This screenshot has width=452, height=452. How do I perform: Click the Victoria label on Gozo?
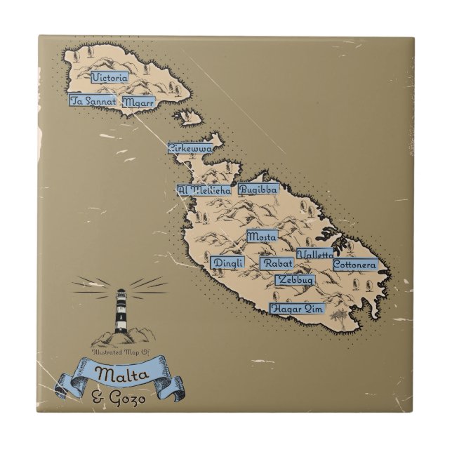[109, 79]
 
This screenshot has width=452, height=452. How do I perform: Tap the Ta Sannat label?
[93, 100]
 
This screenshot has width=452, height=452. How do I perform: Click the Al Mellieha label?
[204, 190]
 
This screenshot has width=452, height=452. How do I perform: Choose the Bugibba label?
[258, 189]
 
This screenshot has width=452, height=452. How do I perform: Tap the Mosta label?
[262, 237]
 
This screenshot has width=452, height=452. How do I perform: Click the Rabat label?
[277, 263]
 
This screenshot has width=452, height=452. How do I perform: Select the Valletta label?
[315, 254]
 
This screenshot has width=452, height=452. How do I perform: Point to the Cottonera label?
[355, 265]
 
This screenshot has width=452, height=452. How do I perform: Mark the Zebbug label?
[295, 279]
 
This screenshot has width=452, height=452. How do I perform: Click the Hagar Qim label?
[296, 307]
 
